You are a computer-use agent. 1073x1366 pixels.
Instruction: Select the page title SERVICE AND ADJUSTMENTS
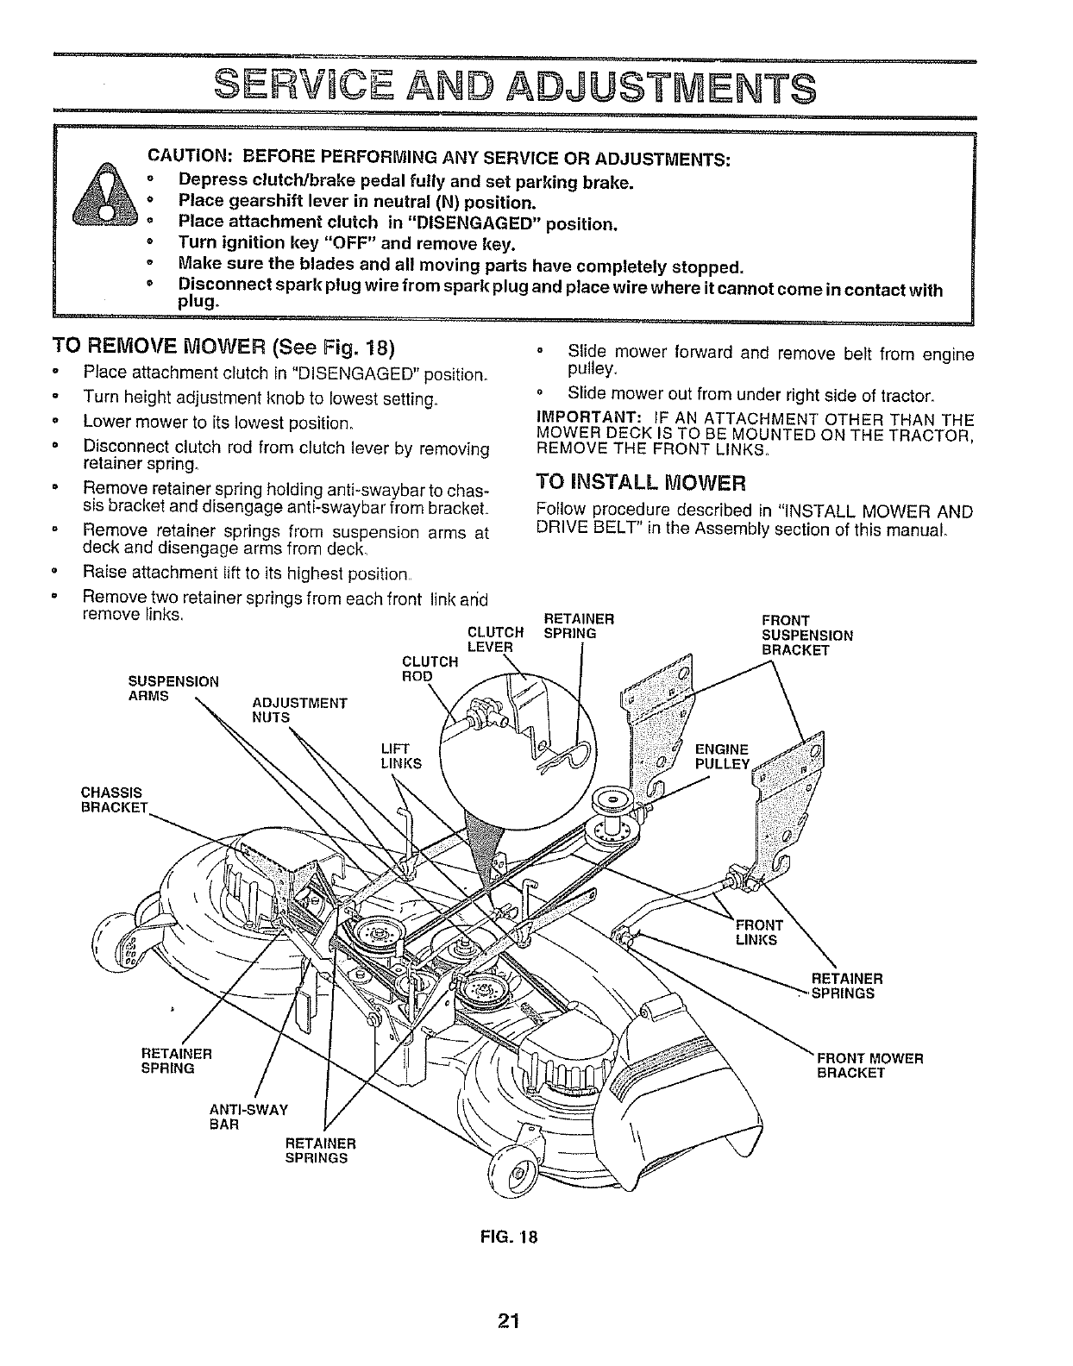pos(514,88)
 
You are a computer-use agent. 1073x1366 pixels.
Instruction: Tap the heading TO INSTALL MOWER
pos(640,480)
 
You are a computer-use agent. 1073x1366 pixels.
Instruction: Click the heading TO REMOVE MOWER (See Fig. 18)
pos(223,348)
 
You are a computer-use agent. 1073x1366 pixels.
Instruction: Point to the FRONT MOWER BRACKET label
pos(869,1065)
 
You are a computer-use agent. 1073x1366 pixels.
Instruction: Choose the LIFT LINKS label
pos(401,755)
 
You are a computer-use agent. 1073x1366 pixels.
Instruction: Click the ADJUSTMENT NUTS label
pos(299,709)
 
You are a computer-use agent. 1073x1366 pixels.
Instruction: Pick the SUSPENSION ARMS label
pos(173,688)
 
